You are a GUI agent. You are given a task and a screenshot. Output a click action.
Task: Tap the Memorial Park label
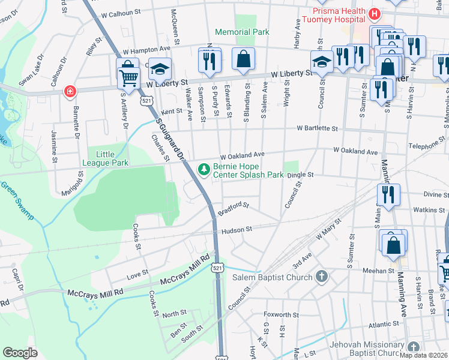[242, 32]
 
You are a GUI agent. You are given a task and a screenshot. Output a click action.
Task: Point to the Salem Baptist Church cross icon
[322, 277]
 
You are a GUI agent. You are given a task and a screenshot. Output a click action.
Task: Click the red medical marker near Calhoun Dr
[70, 91]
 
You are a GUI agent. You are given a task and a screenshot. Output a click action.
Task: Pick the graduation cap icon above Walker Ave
[160, 70]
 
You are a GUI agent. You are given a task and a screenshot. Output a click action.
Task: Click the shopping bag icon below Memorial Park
[243, 59]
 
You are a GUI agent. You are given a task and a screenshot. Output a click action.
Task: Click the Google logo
[20, 352]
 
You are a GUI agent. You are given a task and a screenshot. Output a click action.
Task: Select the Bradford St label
[234, 208]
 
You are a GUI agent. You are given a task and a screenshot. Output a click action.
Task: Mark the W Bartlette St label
[318, 128]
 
